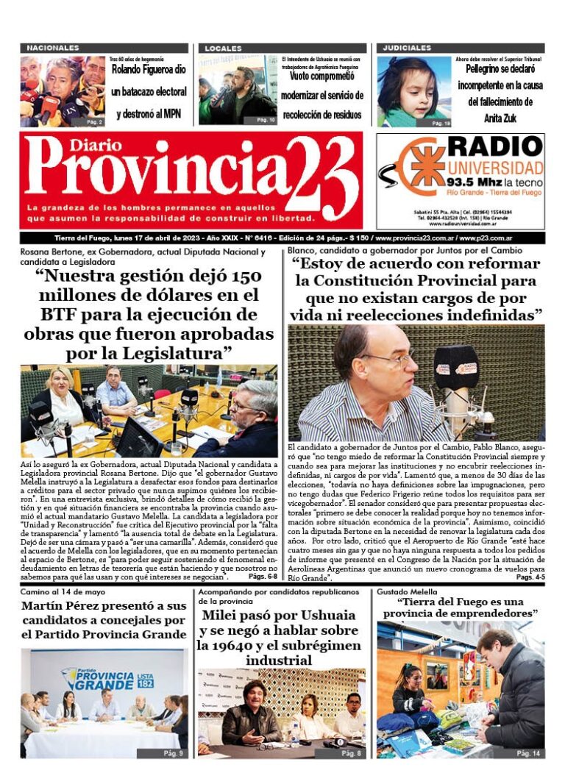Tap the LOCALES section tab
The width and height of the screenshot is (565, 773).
click(x=223, y=49)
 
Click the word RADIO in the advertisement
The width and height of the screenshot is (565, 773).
click(x=494, y=146)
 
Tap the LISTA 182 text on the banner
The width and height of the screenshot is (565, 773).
click(x=146, y=677)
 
